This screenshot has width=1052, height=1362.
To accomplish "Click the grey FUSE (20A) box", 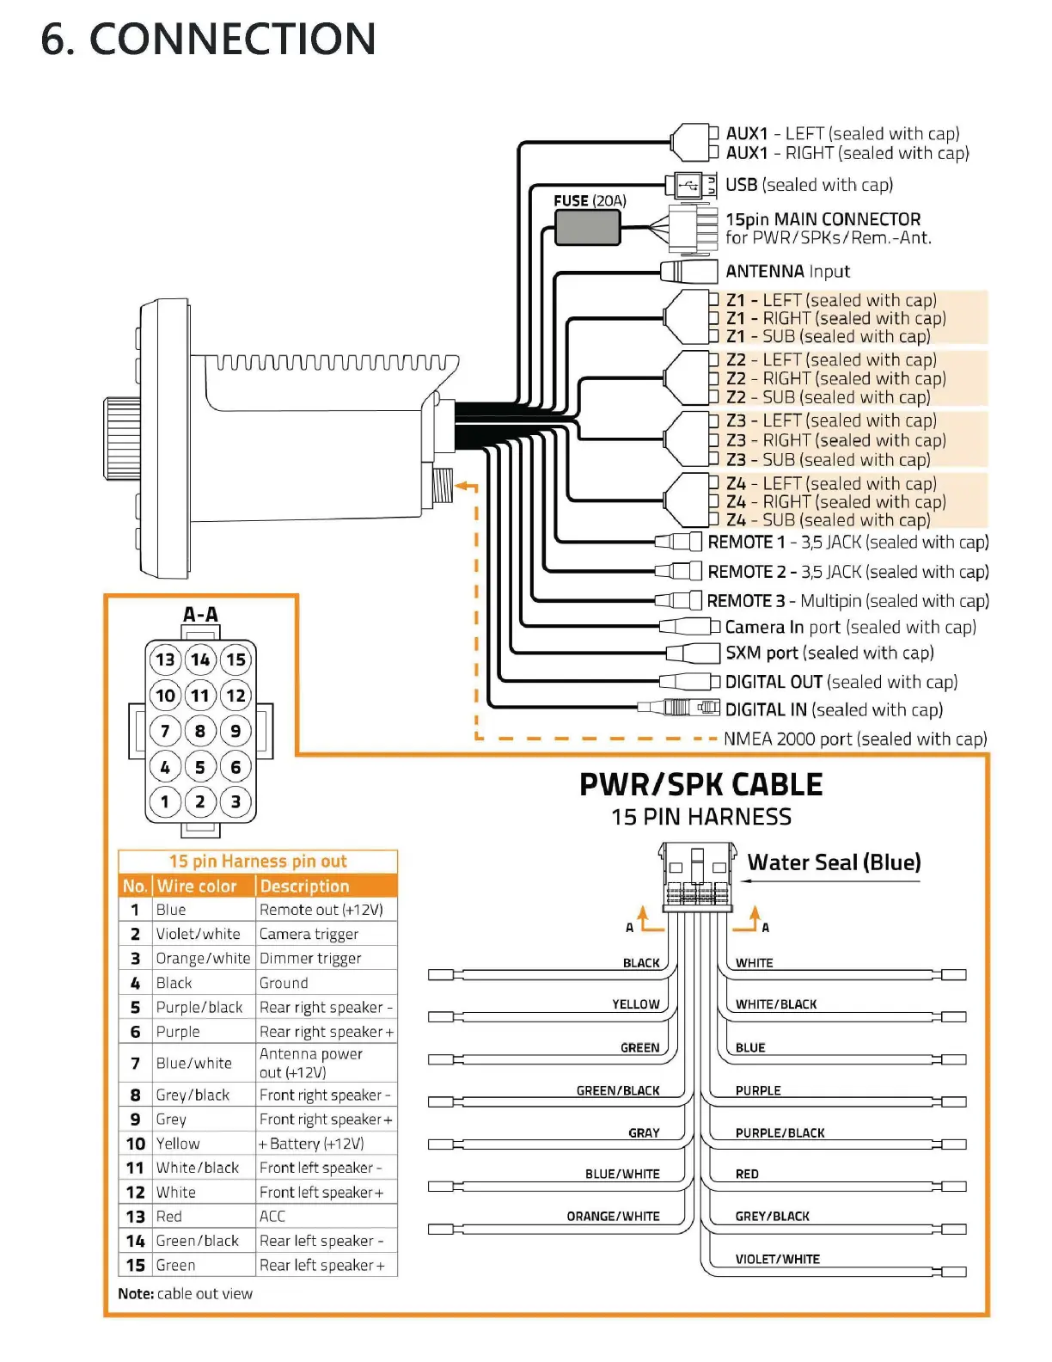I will point(587,228).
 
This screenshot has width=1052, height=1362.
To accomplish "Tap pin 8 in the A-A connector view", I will point(200,732).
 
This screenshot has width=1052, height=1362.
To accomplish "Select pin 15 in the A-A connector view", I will point(235,660).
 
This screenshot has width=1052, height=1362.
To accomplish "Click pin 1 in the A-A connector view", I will point(165,802).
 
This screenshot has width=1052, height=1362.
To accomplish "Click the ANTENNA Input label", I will point(787,272).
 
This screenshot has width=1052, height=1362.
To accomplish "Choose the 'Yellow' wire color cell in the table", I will point(178,1144).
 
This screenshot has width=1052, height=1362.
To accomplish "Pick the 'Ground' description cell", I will point(284,983).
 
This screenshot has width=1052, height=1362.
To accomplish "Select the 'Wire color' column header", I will point(197,887).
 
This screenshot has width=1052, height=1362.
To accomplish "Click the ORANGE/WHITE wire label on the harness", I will point(613,1217).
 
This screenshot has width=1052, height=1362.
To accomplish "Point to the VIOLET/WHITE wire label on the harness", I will point(777,1260).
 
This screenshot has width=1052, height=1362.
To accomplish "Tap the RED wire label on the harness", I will point(747,1175).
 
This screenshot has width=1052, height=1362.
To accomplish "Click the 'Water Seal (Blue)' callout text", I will point(834,862).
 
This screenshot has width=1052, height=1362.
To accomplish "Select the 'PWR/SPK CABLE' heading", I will point(700,785).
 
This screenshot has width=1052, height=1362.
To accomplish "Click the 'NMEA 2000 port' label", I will point(854,739).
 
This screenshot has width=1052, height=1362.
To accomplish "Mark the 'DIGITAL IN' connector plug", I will point(679,708).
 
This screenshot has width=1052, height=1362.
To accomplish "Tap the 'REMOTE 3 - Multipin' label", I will point(847,601).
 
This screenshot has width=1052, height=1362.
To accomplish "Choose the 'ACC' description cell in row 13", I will point(272,1217).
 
